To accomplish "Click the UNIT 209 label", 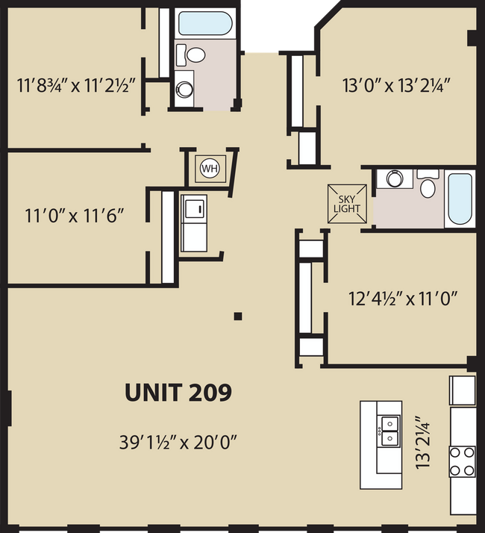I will point(178,392).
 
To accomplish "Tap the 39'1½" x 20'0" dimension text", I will point(178,441).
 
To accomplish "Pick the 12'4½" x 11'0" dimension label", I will point(402,299).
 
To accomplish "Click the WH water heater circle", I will point(210,168).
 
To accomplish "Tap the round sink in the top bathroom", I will point(184,90).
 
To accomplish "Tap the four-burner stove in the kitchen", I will point(462,461).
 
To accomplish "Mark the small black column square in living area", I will point(237,317).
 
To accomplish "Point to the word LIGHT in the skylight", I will point(347,208).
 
